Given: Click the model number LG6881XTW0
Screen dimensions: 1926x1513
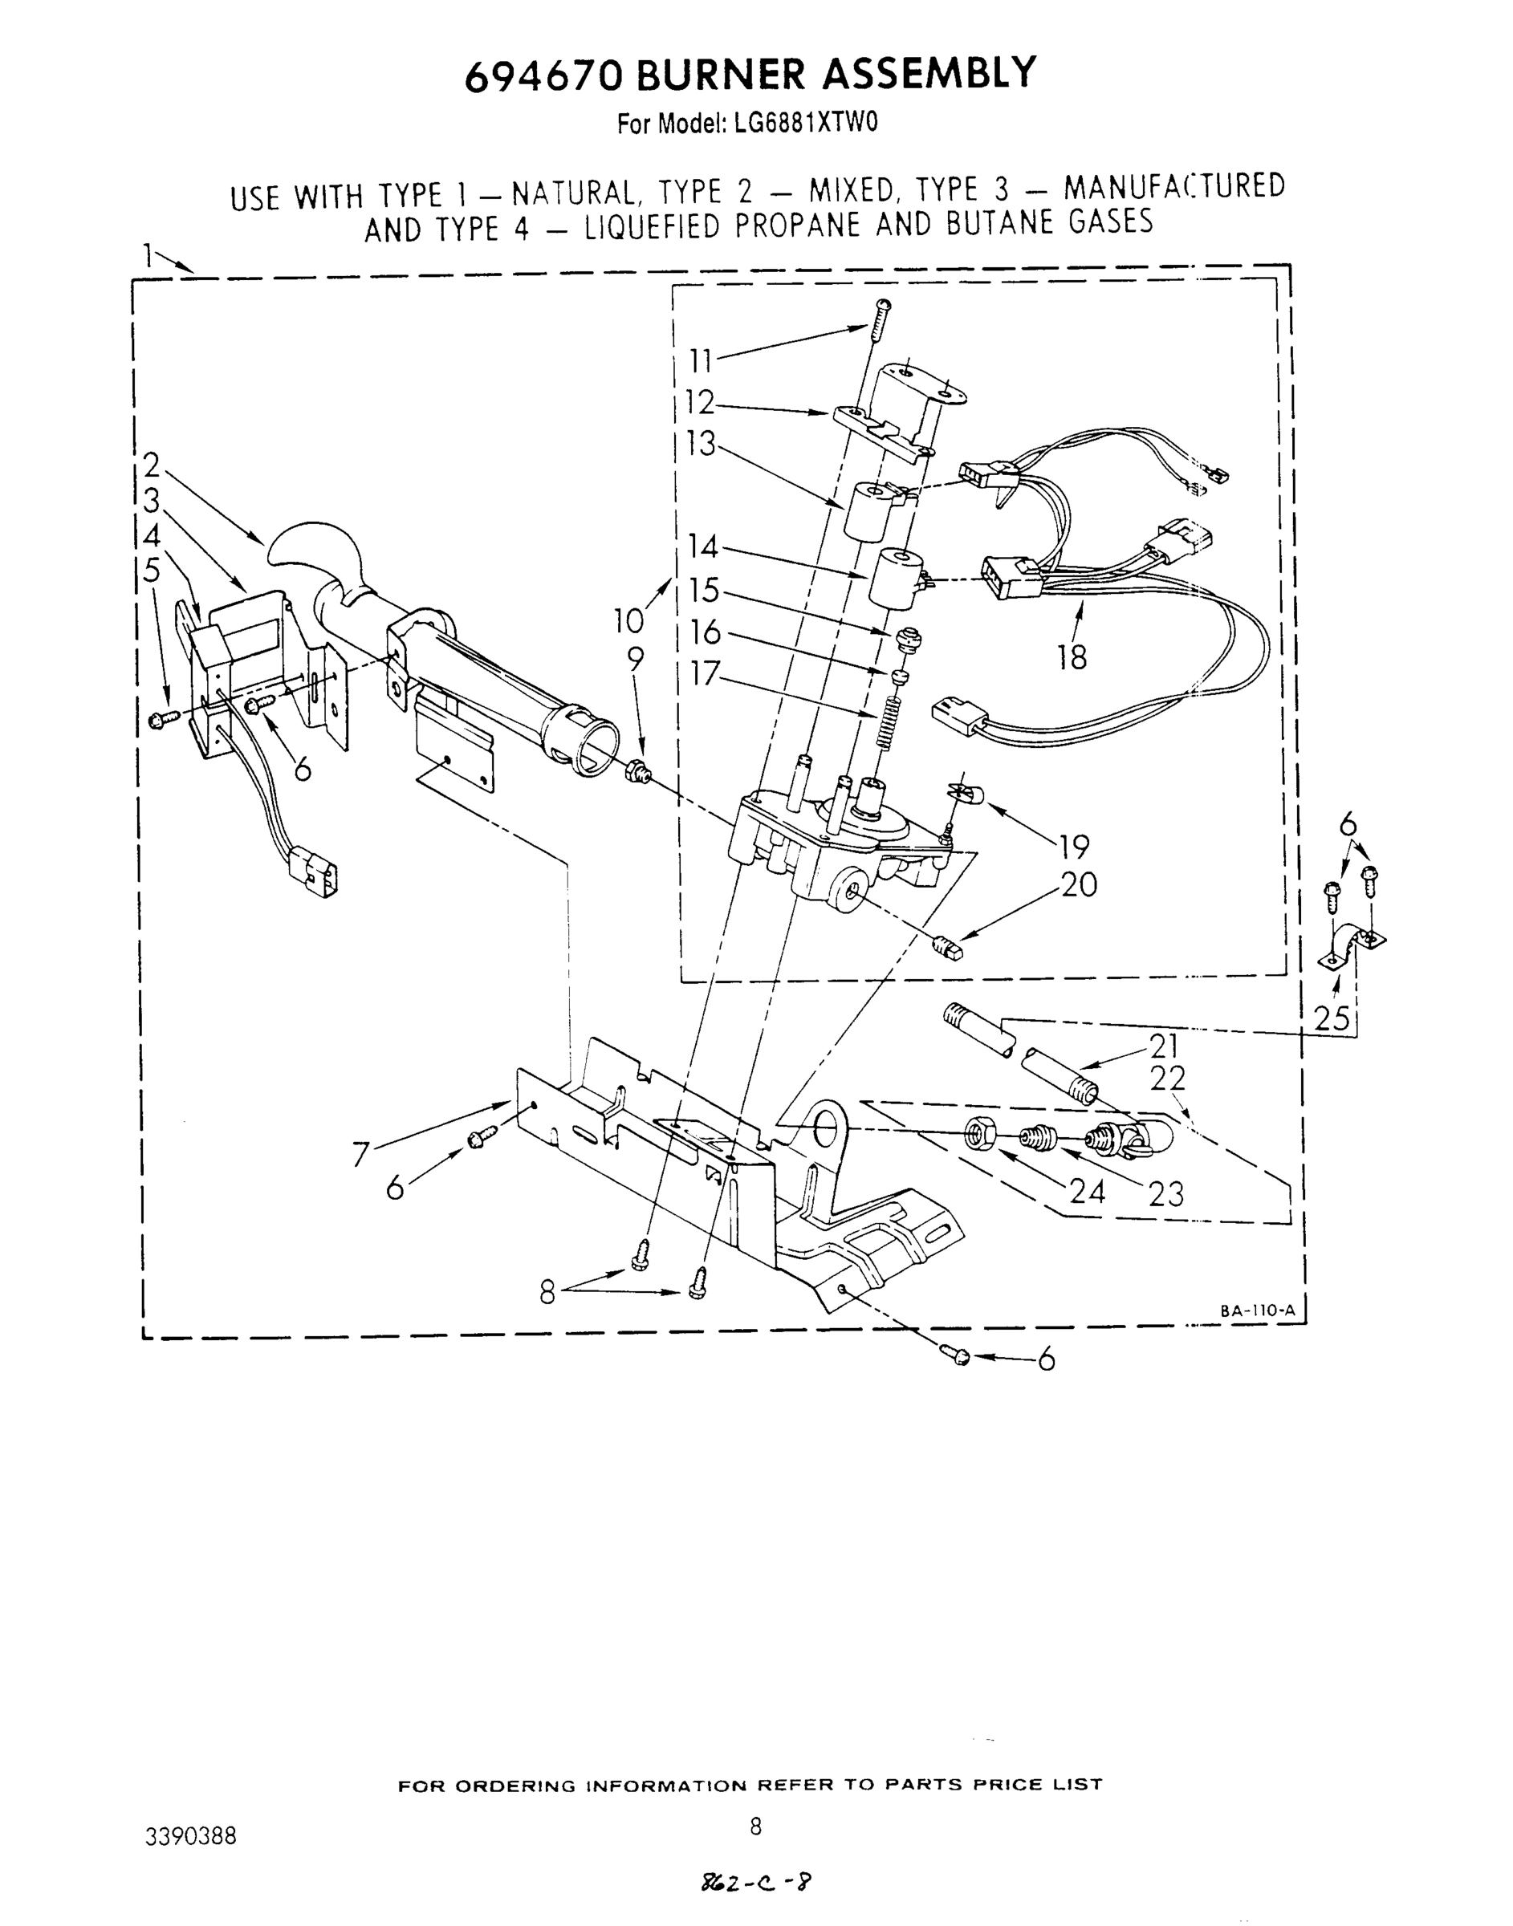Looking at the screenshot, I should click(805, 123).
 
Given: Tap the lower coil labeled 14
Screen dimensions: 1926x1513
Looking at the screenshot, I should click(897, 580).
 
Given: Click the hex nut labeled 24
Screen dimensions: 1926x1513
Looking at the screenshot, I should click(981, 1132).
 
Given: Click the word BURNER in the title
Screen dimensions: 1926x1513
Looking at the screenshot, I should click(721, 74).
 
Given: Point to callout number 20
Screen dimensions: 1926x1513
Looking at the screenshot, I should click(1078, 884).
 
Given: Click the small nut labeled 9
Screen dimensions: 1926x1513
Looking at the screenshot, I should click(638, 770).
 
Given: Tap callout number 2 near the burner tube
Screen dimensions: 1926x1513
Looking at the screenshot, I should click(152, 465).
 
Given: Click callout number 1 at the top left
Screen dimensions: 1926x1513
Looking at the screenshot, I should click(150, 256).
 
